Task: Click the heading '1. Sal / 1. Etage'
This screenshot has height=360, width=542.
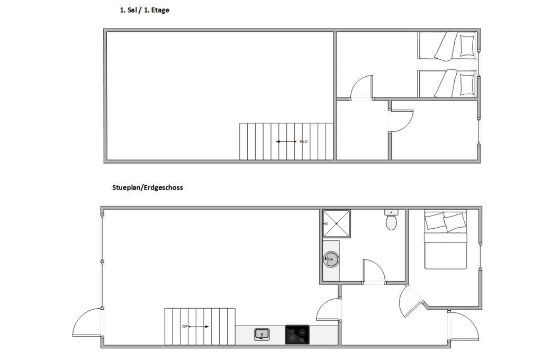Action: coord(144,10)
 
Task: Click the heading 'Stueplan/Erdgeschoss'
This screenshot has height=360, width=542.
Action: coord(148,187)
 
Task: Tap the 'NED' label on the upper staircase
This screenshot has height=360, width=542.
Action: coord(303,141)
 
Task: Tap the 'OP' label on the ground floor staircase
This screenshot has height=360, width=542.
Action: coord(185,327)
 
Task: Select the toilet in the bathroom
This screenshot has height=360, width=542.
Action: coord(391,220)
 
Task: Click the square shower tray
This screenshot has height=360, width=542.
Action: coord(336,224)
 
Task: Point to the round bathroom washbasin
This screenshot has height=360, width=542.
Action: coord(331,259)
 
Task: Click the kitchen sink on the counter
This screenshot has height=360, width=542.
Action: coord(262,335)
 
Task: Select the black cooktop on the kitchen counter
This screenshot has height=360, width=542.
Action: coord(297,335)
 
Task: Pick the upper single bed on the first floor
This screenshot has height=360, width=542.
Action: coord(447,46)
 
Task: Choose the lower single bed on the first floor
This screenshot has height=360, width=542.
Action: coord(447,84)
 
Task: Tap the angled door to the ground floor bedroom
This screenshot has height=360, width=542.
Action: coord(410,302)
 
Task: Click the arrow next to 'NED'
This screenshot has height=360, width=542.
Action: coord(286,141)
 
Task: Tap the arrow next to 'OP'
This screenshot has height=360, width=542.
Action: coord(199,327)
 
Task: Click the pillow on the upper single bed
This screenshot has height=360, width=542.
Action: coord(467,46)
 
